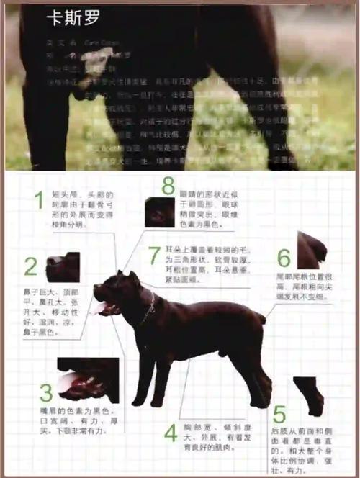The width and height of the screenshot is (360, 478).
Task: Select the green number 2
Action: pyautogui.click(x=30, y=267)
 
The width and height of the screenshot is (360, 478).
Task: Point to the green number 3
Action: pyautogui.click(x=46, y=393)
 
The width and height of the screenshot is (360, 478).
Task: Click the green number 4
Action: pyautogui.click(x=171, y=433)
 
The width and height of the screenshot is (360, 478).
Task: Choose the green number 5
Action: pyautogui.click(x=279, y=415)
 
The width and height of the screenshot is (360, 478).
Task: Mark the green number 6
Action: pyautogui.click(x=284, y=258)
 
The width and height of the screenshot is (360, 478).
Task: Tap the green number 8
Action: pyautogui.click(x=168, y=186)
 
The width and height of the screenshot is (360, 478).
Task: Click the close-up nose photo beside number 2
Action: pyautogui.click(x=63, y=266)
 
